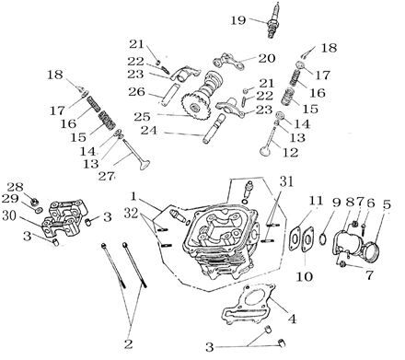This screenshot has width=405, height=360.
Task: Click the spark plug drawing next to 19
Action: [x=273, y=20]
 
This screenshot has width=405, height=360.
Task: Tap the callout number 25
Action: [x=142, y=117]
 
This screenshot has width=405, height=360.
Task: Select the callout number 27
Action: [x=106, y=176]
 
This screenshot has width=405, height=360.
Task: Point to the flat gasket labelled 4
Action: [x=249, y=305]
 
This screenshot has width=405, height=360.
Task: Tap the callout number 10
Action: [x=304, y=276]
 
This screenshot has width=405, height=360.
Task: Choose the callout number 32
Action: [x=131, y=213]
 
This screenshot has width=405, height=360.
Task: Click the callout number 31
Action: [x=286, y=181]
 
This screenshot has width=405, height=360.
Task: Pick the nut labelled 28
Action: [x=35, y=202]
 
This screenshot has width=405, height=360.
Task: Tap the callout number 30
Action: [x=9, y=215]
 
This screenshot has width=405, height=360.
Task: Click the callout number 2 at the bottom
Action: [x=128, y=344]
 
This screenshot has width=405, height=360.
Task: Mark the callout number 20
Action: [x=267, y=58]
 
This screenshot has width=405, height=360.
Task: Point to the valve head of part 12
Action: [x=264, y=151]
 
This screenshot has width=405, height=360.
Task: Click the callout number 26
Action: [x=136, y=91]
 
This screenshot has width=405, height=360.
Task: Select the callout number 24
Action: [x=149, y=131]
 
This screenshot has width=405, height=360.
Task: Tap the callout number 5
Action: [x=387, y=204]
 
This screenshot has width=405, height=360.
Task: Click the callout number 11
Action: [x=316, y=201]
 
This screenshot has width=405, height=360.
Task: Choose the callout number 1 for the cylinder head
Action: [x=133, y=196]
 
